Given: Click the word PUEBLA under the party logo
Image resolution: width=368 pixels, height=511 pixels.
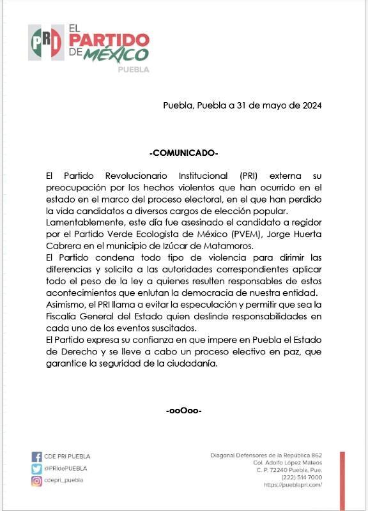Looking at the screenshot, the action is coord(134,70).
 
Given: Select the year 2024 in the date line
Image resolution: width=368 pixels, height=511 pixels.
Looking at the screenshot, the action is coord(309,105).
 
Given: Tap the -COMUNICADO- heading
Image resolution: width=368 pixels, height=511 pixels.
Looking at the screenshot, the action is coord(183,153).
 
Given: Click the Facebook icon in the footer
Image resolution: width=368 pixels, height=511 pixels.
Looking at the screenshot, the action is coord(36,457).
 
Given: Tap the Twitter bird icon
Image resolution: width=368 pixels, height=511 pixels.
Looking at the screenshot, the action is coord(36,469).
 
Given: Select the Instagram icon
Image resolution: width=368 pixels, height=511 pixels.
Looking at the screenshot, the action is coord(36,480).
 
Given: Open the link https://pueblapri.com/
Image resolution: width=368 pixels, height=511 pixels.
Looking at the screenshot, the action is coord(293,485).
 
